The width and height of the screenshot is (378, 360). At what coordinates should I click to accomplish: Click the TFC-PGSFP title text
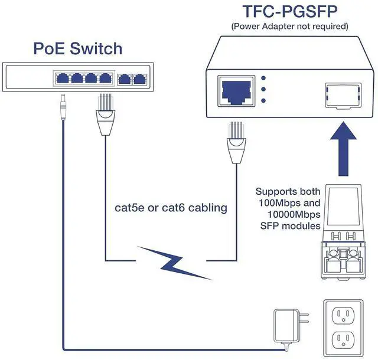click(x=289, y=12)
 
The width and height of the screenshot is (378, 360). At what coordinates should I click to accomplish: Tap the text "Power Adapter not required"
click(x=289, y=26)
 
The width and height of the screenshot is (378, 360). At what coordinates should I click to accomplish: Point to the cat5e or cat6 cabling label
click(x=171, y=208)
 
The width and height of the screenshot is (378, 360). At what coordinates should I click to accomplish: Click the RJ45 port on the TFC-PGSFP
click(x=237, y=90)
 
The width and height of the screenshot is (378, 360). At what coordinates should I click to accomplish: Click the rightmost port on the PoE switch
click(x=139, y=78)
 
